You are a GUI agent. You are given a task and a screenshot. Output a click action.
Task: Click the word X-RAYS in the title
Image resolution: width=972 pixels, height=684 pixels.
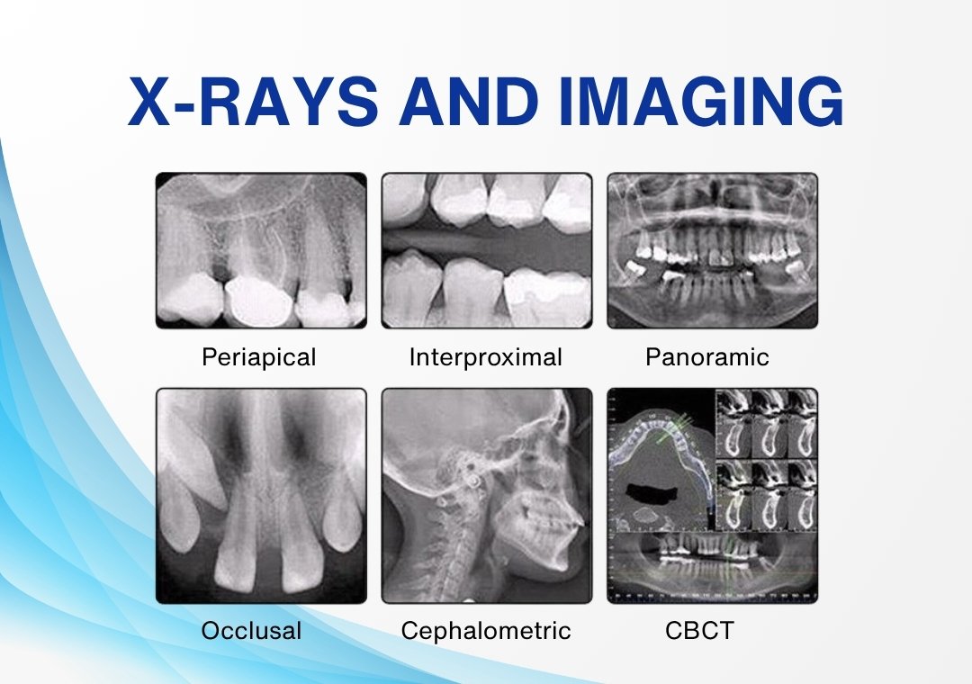[253, 102]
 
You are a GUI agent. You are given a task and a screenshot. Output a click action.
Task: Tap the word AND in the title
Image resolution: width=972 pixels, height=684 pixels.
[469, 102]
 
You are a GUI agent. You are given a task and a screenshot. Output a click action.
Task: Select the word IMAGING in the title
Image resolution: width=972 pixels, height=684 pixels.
[701, 102]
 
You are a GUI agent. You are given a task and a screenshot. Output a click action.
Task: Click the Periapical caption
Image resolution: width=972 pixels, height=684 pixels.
[259, 358]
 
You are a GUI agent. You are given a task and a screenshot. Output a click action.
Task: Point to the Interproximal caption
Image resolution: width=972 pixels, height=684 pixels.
[485, 358]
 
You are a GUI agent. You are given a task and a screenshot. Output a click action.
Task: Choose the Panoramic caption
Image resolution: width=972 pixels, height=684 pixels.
[707, 357]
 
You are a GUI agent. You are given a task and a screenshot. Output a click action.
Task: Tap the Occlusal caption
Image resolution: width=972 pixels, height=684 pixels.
[251, 631]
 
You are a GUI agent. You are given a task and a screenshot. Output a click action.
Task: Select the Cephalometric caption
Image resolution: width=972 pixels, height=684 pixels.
[486, 631]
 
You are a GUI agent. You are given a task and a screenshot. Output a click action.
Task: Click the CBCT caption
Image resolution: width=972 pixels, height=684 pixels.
[699, 631]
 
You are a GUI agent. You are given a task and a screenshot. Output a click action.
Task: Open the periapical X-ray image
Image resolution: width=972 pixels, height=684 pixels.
[261, 250]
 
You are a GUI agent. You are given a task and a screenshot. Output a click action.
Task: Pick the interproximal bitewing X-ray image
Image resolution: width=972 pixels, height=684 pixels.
[487, 250]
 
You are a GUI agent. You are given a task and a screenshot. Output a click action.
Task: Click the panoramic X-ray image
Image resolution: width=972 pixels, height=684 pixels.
[712, 250]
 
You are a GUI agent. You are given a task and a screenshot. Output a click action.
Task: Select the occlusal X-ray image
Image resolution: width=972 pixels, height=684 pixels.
[261, 496]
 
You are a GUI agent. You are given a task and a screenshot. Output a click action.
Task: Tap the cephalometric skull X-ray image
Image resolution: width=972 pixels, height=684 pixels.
[487, 496]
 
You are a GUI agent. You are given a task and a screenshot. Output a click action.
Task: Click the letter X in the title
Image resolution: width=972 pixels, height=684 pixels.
[150, 102]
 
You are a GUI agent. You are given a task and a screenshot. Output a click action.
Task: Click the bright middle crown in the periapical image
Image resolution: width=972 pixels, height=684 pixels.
[257, 301]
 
